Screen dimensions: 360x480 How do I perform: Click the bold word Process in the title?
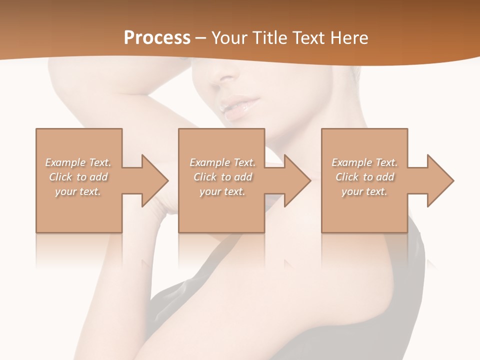coord(157,38)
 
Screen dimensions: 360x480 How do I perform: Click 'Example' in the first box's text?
coord(65,162)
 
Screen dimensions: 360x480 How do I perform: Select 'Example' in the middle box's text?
coord(209,162)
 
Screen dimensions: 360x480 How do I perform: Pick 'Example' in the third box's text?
coord(351,162)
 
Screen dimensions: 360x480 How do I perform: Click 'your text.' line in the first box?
coord(78,191)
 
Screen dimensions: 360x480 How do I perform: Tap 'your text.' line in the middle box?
coord(222,191)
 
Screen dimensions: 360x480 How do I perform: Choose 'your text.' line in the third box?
coord(364,191)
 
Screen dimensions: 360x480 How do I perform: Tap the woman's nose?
coord(222,77)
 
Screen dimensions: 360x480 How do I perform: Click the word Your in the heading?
coord(228,38)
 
